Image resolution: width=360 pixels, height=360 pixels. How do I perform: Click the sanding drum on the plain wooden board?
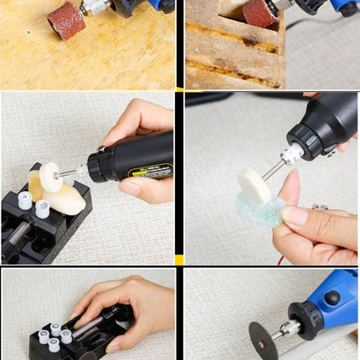click(65, 19)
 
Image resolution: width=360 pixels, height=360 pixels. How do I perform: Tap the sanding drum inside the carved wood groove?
click(260, 13)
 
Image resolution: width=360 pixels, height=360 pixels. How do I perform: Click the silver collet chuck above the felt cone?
click(292, 153)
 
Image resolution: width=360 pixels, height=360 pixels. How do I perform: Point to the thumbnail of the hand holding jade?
click(295, 215)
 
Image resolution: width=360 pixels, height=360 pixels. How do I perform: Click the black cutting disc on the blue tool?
click(264, 340)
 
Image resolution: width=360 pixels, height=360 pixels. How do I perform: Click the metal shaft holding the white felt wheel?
click(69, 173)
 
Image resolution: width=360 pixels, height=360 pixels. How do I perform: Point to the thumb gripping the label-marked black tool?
click(133, 186)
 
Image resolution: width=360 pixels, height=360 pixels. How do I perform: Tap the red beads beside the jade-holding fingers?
click(318, 206)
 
